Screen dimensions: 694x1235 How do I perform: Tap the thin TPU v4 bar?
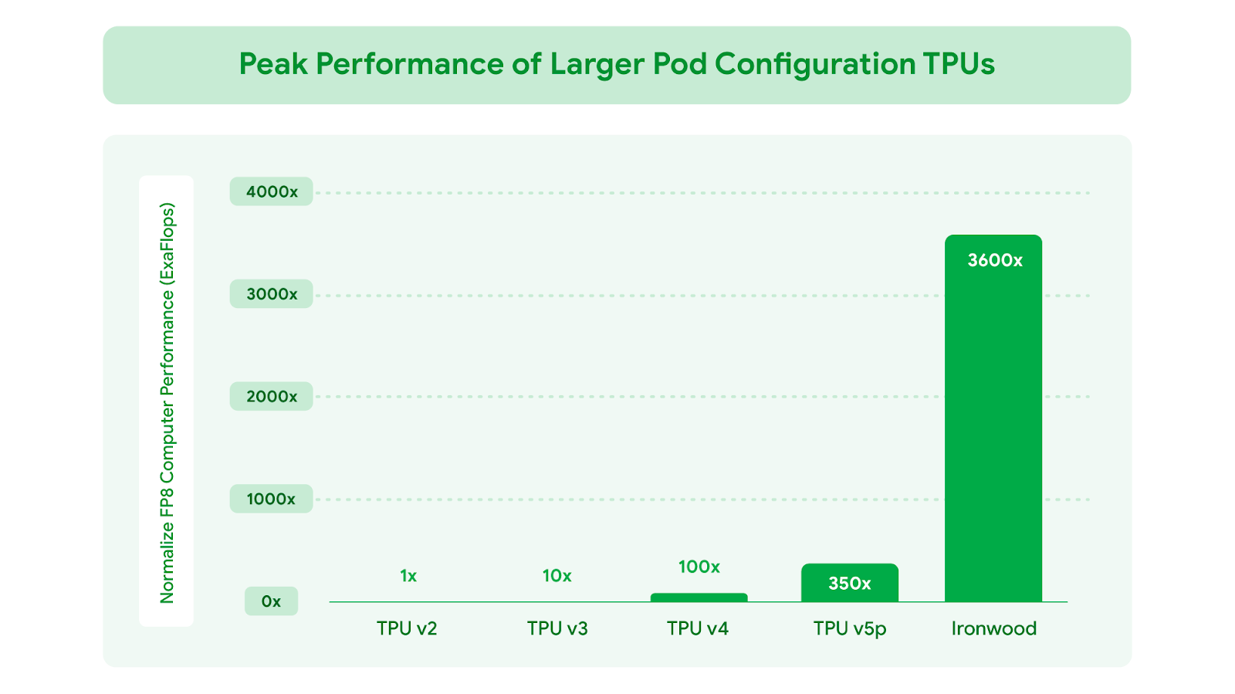click(699, 598)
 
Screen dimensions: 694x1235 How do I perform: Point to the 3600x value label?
click(995, 261)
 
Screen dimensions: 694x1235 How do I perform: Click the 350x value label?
click(849, 584)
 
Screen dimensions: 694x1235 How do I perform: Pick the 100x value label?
click(699, 567)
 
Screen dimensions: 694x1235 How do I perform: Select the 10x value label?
click(557, 576)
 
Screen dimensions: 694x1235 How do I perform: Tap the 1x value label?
click(408, 576)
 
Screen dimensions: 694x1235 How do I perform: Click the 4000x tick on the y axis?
click(272, 191)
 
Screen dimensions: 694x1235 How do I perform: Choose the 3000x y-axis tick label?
click(272, 294)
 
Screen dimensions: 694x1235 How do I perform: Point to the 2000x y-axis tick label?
click(272, 397)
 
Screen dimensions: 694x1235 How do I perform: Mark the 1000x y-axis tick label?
click(271, 499)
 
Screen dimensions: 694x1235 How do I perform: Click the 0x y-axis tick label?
click(271, 601)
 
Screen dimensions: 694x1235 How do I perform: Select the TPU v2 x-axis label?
click(407, 628)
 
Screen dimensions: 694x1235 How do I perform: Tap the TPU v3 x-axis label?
click(557, 628)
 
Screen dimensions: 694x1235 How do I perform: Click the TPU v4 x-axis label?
click(698, 628)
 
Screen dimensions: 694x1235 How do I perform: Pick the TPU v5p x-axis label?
click(850, 629)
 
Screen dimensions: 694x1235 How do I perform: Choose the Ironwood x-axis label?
click(993, 628)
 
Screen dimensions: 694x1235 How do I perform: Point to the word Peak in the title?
click(272, 64)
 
